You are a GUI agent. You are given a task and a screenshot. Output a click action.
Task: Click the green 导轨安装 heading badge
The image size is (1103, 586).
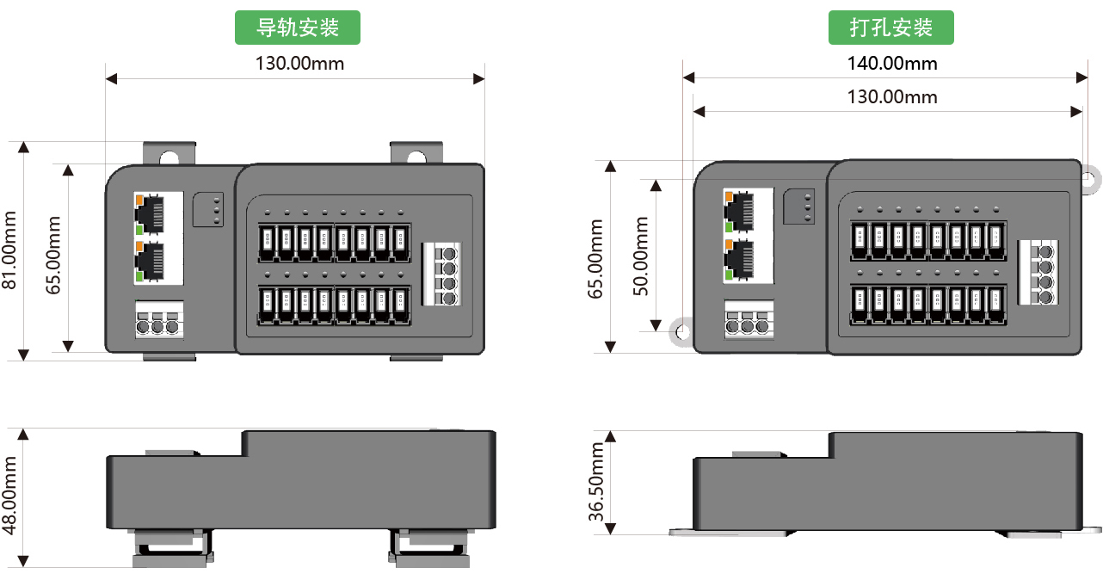298,28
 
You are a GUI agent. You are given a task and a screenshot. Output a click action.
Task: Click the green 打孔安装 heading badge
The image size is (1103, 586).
891,28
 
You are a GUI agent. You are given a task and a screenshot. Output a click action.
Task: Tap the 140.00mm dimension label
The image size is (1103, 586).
892,64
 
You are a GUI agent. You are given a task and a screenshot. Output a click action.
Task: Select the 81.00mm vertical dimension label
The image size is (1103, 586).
10,250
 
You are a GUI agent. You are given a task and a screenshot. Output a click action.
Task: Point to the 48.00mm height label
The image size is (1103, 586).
10,497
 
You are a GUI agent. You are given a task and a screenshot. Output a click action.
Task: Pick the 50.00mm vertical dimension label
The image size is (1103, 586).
641,256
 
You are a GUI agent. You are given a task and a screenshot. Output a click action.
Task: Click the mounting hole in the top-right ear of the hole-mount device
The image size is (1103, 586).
1088,179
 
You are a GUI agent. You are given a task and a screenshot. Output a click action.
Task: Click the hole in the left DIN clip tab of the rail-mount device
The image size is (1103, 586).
170,157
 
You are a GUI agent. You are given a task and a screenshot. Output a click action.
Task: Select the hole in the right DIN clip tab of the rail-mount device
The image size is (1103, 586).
416,157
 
